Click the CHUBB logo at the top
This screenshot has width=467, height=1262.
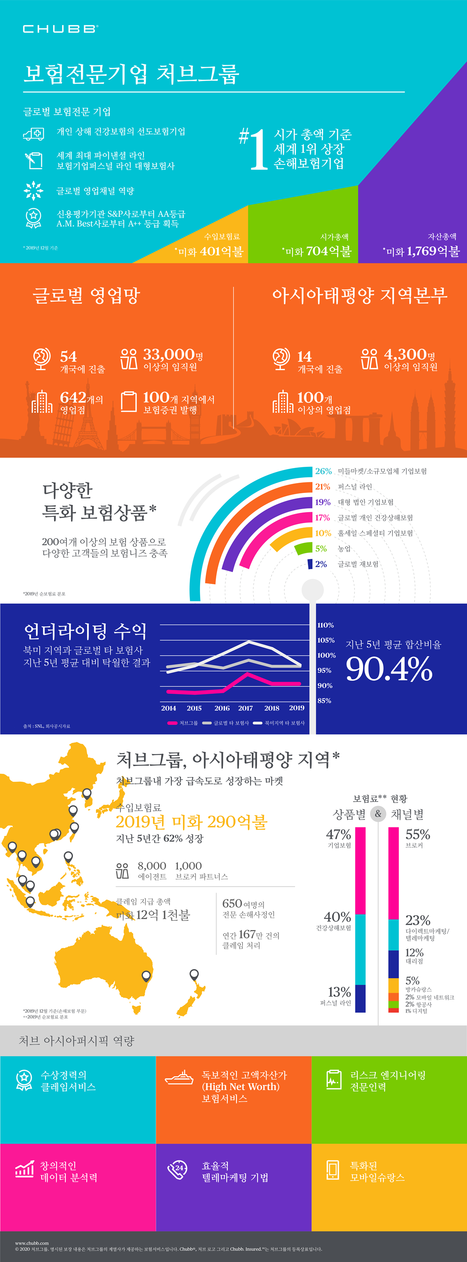coord(60,29)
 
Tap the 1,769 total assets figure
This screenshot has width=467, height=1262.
coord(421,251)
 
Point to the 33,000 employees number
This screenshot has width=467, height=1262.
coord(169,354)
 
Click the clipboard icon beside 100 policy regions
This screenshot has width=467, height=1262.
coord(129,401)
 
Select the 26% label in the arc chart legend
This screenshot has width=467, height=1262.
coord(323,471)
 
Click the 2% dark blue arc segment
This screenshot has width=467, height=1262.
coord(310,564)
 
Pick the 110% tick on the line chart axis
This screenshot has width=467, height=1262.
coord(326,625)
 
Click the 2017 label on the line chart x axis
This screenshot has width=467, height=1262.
coord(245,708)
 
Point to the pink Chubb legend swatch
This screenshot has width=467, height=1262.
coord(172,723)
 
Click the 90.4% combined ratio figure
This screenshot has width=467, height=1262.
coord(389,669)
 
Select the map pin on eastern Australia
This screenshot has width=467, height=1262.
coord(146,976)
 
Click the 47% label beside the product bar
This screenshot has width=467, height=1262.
coord(338,834)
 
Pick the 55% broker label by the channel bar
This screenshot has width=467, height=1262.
coord(417,834)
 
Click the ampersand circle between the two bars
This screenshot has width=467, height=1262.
coord(378,814)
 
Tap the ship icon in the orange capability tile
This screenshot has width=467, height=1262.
coord(179,1077)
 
